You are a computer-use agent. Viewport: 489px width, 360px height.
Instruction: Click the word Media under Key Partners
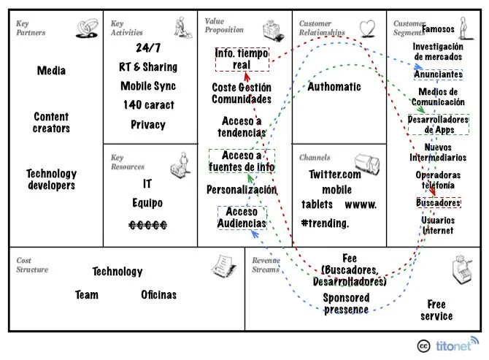coord(51,71)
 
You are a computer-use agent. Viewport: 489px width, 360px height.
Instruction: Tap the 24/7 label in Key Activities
coord(148,49)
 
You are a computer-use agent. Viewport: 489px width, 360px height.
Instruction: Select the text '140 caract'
coord(148,104)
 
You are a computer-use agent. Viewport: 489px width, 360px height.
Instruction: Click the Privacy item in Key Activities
coord(148,124)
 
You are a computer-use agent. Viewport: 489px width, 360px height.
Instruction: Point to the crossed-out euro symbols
coord(148,225)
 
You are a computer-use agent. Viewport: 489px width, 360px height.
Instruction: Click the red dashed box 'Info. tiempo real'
coord(242,59)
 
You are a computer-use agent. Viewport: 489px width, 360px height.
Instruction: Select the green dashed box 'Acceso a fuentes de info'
coord(242,161)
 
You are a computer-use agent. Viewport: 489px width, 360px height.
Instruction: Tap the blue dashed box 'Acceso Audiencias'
coord(242,218)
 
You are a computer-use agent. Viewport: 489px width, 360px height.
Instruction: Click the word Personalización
coord(242,190)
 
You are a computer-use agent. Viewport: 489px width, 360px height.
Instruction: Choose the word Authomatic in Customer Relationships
coord(334,86)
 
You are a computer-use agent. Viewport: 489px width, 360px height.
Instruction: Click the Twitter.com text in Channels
coord(335,174)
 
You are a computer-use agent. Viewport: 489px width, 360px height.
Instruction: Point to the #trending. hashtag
coord(325,223)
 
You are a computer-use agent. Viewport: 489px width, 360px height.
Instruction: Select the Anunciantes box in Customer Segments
coord(438,74)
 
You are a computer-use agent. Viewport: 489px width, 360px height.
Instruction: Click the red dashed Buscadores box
coord(439,202)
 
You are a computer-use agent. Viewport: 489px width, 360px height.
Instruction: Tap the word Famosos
coord(438,30)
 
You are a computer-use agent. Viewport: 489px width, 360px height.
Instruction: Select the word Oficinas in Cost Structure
coord(158,295)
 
